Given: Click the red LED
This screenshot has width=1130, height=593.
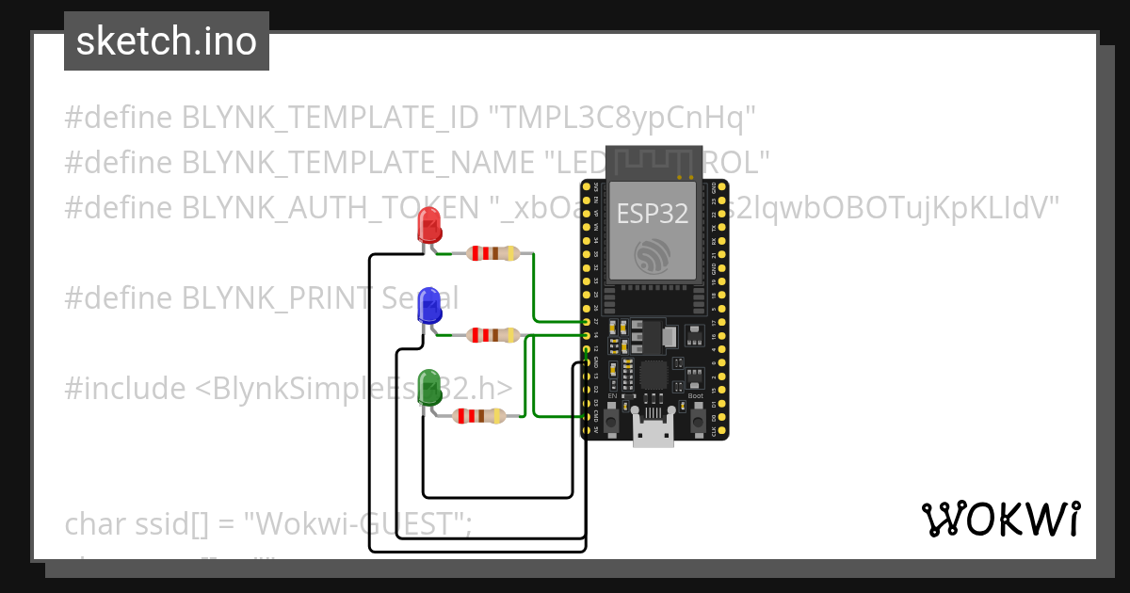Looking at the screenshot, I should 429,227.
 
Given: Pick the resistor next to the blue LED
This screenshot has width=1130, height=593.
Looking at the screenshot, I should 492,334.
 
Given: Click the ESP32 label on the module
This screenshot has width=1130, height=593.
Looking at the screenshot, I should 653,213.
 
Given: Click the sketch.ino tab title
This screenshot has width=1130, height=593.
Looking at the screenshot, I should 167,41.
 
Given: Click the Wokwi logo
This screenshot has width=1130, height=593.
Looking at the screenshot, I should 1000,519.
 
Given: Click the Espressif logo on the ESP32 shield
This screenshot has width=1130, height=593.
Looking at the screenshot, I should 653,256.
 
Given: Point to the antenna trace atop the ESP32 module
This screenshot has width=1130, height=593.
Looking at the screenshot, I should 653,163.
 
